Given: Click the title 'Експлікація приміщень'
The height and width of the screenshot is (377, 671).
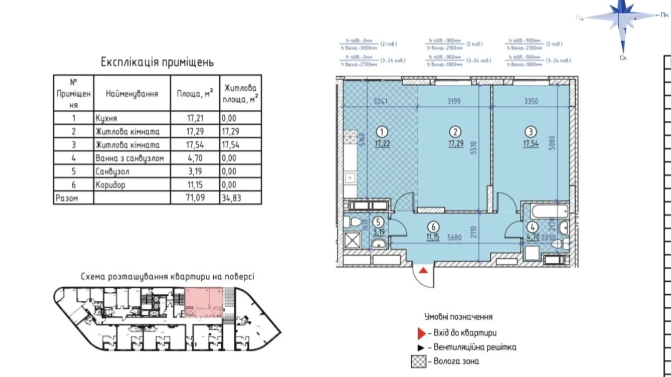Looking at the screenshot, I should click(x=157, y=62).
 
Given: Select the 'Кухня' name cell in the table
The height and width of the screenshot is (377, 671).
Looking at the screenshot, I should click(x=106, y=118).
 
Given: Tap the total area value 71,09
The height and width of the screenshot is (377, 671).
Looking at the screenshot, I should click(x=195, y=198).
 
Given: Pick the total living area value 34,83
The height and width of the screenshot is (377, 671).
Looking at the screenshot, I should click(x=231, y=198).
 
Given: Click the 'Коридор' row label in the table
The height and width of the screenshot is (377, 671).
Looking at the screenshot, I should click(x=110, y=185).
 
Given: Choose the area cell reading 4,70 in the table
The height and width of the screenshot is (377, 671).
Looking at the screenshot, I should click(x=195, y=158).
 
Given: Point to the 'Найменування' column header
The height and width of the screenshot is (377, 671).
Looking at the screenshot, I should click(x=132, y=94).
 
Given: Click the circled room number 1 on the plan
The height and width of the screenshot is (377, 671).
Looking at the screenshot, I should click(x=382, y=132).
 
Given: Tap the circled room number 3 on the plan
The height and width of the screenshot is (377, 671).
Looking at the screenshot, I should click(x=531, y=132).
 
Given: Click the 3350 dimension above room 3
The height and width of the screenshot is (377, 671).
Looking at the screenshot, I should click(x=531, y=101).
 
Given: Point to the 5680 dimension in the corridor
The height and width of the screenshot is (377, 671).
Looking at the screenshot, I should click(x=454, y=238).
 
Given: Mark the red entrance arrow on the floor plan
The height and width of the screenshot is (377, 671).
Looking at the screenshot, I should click(x=423, y=270).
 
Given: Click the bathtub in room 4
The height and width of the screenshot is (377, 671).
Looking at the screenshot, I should click(x=549, y=211).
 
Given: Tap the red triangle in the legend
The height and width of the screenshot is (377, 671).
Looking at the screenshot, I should click(x=421, y=333).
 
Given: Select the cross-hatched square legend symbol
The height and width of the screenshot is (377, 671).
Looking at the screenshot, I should click(x=419, y=361).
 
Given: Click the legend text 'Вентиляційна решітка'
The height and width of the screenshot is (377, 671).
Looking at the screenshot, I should click(x=475, y=347).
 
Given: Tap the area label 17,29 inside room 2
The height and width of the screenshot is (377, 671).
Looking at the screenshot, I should click(x=456, y=144).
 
